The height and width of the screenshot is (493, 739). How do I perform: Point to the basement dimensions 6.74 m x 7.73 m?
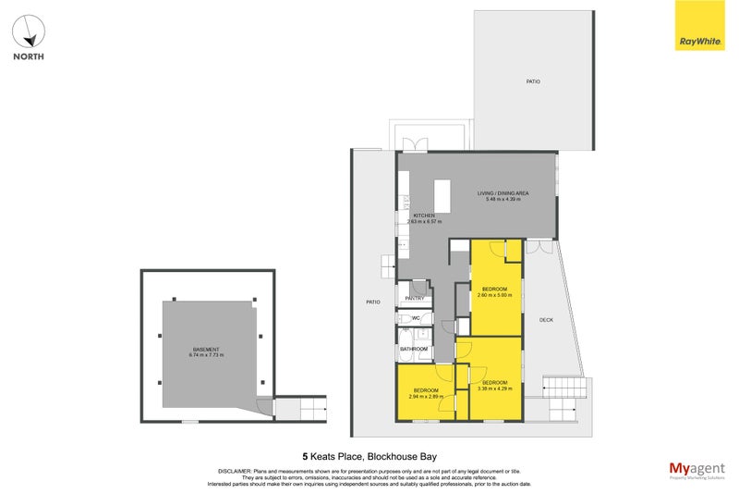[x=207, y=355]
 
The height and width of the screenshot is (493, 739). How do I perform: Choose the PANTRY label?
[x=415, y=298]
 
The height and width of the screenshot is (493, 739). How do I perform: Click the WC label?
[x=416, y=318]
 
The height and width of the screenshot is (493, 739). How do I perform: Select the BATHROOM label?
[x=413, y=349]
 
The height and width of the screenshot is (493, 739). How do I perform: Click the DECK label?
[x=546, y=319]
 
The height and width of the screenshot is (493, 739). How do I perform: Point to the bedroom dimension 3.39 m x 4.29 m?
[x=494, y=388]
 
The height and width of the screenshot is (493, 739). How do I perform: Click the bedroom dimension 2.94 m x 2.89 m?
[x=426, y=397]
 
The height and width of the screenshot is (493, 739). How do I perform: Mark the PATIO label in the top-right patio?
[x=533, y=82]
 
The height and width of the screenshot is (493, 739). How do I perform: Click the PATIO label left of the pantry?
[x=372, y=302]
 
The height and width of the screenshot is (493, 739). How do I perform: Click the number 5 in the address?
[x=306, y=456]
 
